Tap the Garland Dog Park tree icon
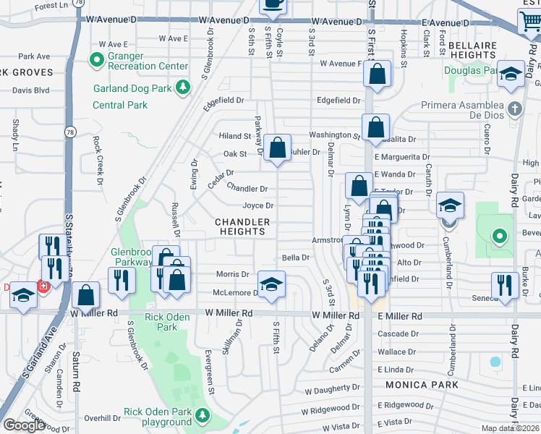coord(184,88)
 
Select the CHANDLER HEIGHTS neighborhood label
coord(242,226)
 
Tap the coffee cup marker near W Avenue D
coord(273,4)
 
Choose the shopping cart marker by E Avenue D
coord(531,21)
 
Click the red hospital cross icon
coord(43,287)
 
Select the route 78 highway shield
coord(68,132)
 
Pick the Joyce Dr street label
coord(257,205)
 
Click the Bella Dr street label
coord(295,257)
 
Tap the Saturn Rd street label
coord(75,377)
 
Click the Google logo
coord(25,425)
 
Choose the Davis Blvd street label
coord(31,90)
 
